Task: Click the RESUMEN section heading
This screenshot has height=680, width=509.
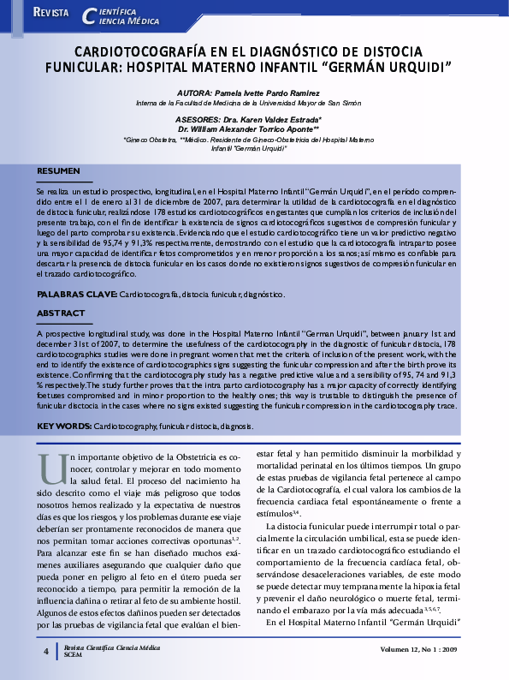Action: point(58,171)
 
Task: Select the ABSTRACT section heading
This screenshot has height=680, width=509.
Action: point(61,313)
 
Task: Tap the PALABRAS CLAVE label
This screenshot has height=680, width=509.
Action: point(76,294)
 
